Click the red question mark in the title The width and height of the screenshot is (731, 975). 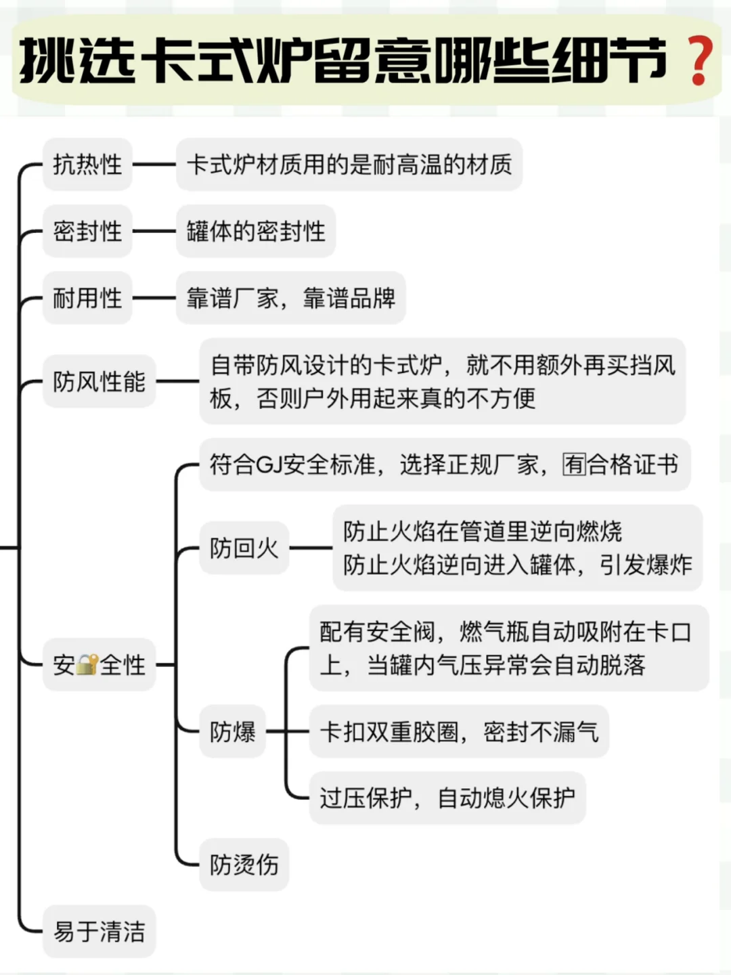pos(699,62)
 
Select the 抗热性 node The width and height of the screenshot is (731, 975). pos(87,165)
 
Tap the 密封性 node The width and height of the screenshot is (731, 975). pos(87,232)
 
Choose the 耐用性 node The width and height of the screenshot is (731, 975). pos(87,298)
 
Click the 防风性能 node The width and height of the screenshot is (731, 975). pos(99,382)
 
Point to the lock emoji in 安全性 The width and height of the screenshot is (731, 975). pos(87,665)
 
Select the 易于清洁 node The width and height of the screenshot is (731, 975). pos(99,932)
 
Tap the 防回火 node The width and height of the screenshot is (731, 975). pos(244,548)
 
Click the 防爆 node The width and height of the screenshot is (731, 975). pos(232,732)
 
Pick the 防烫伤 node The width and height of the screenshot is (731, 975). pos(244,865)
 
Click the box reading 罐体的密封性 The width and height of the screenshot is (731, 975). pos(256,232)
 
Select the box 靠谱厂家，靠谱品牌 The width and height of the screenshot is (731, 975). pos(291,298)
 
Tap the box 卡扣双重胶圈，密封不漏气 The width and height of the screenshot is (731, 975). pos(459,732)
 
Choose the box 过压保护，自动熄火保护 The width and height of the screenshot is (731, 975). pos(447,798)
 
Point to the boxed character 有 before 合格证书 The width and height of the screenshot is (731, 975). pos(574,465)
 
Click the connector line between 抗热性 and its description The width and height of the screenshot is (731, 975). pos(154,165)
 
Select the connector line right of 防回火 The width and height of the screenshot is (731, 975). pos(311,548)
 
